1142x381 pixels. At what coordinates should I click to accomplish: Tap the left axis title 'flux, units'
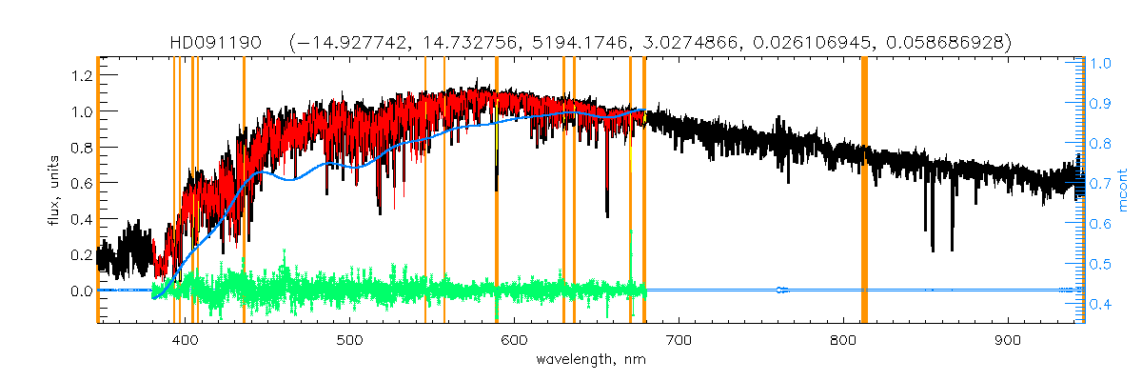coord(55,191)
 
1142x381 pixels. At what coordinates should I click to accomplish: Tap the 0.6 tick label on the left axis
coord(80,183)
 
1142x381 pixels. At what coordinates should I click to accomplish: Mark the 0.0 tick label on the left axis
coord(80,291)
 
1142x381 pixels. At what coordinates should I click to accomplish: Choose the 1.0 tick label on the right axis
coord(1101,64)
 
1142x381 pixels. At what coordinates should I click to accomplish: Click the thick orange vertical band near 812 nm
coord(864,190)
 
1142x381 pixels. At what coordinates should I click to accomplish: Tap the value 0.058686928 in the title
coord(948,43)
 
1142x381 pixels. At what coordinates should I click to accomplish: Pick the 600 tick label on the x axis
coord(515,341)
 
